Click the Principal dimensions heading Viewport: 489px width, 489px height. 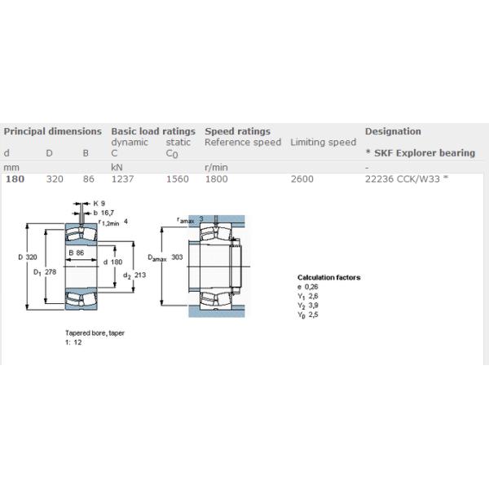[x=53, y=131]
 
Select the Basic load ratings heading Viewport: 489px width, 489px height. [x=153, y=131]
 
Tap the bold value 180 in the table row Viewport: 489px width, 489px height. [x=15, y=179]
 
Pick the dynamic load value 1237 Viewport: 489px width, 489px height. [x=122, y=179]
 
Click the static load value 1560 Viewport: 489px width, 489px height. [x=178, y=179]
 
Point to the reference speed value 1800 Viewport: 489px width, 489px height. [x=217, y=179]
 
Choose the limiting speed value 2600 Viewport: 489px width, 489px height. [x=302, y=179]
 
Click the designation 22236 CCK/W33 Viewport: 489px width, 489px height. [x=403, y=179]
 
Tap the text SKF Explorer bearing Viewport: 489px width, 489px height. [x=425, y=153]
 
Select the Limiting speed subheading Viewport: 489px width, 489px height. [x=323, y=142]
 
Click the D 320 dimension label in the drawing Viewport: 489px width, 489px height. [x=28, y=257]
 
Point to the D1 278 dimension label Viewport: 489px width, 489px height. [x=45, y=272]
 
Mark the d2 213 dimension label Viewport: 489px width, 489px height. [x=134, y=275]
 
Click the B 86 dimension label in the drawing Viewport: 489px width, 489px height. [x=77, y=253]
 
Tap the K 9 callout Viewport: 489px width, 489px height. [x=99, y=204]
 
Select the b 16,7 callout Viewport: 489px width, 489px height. [x=104, y=213]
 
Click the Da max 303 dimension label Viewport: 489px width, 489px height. [x=165, y=258]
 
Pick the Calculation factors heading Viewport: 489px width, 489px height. [x=329, y=277]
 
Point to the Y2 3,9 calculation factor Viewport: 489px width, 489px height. [x=308, y=306]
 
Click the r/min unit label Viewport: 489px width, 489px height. [x=216, y=167]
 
